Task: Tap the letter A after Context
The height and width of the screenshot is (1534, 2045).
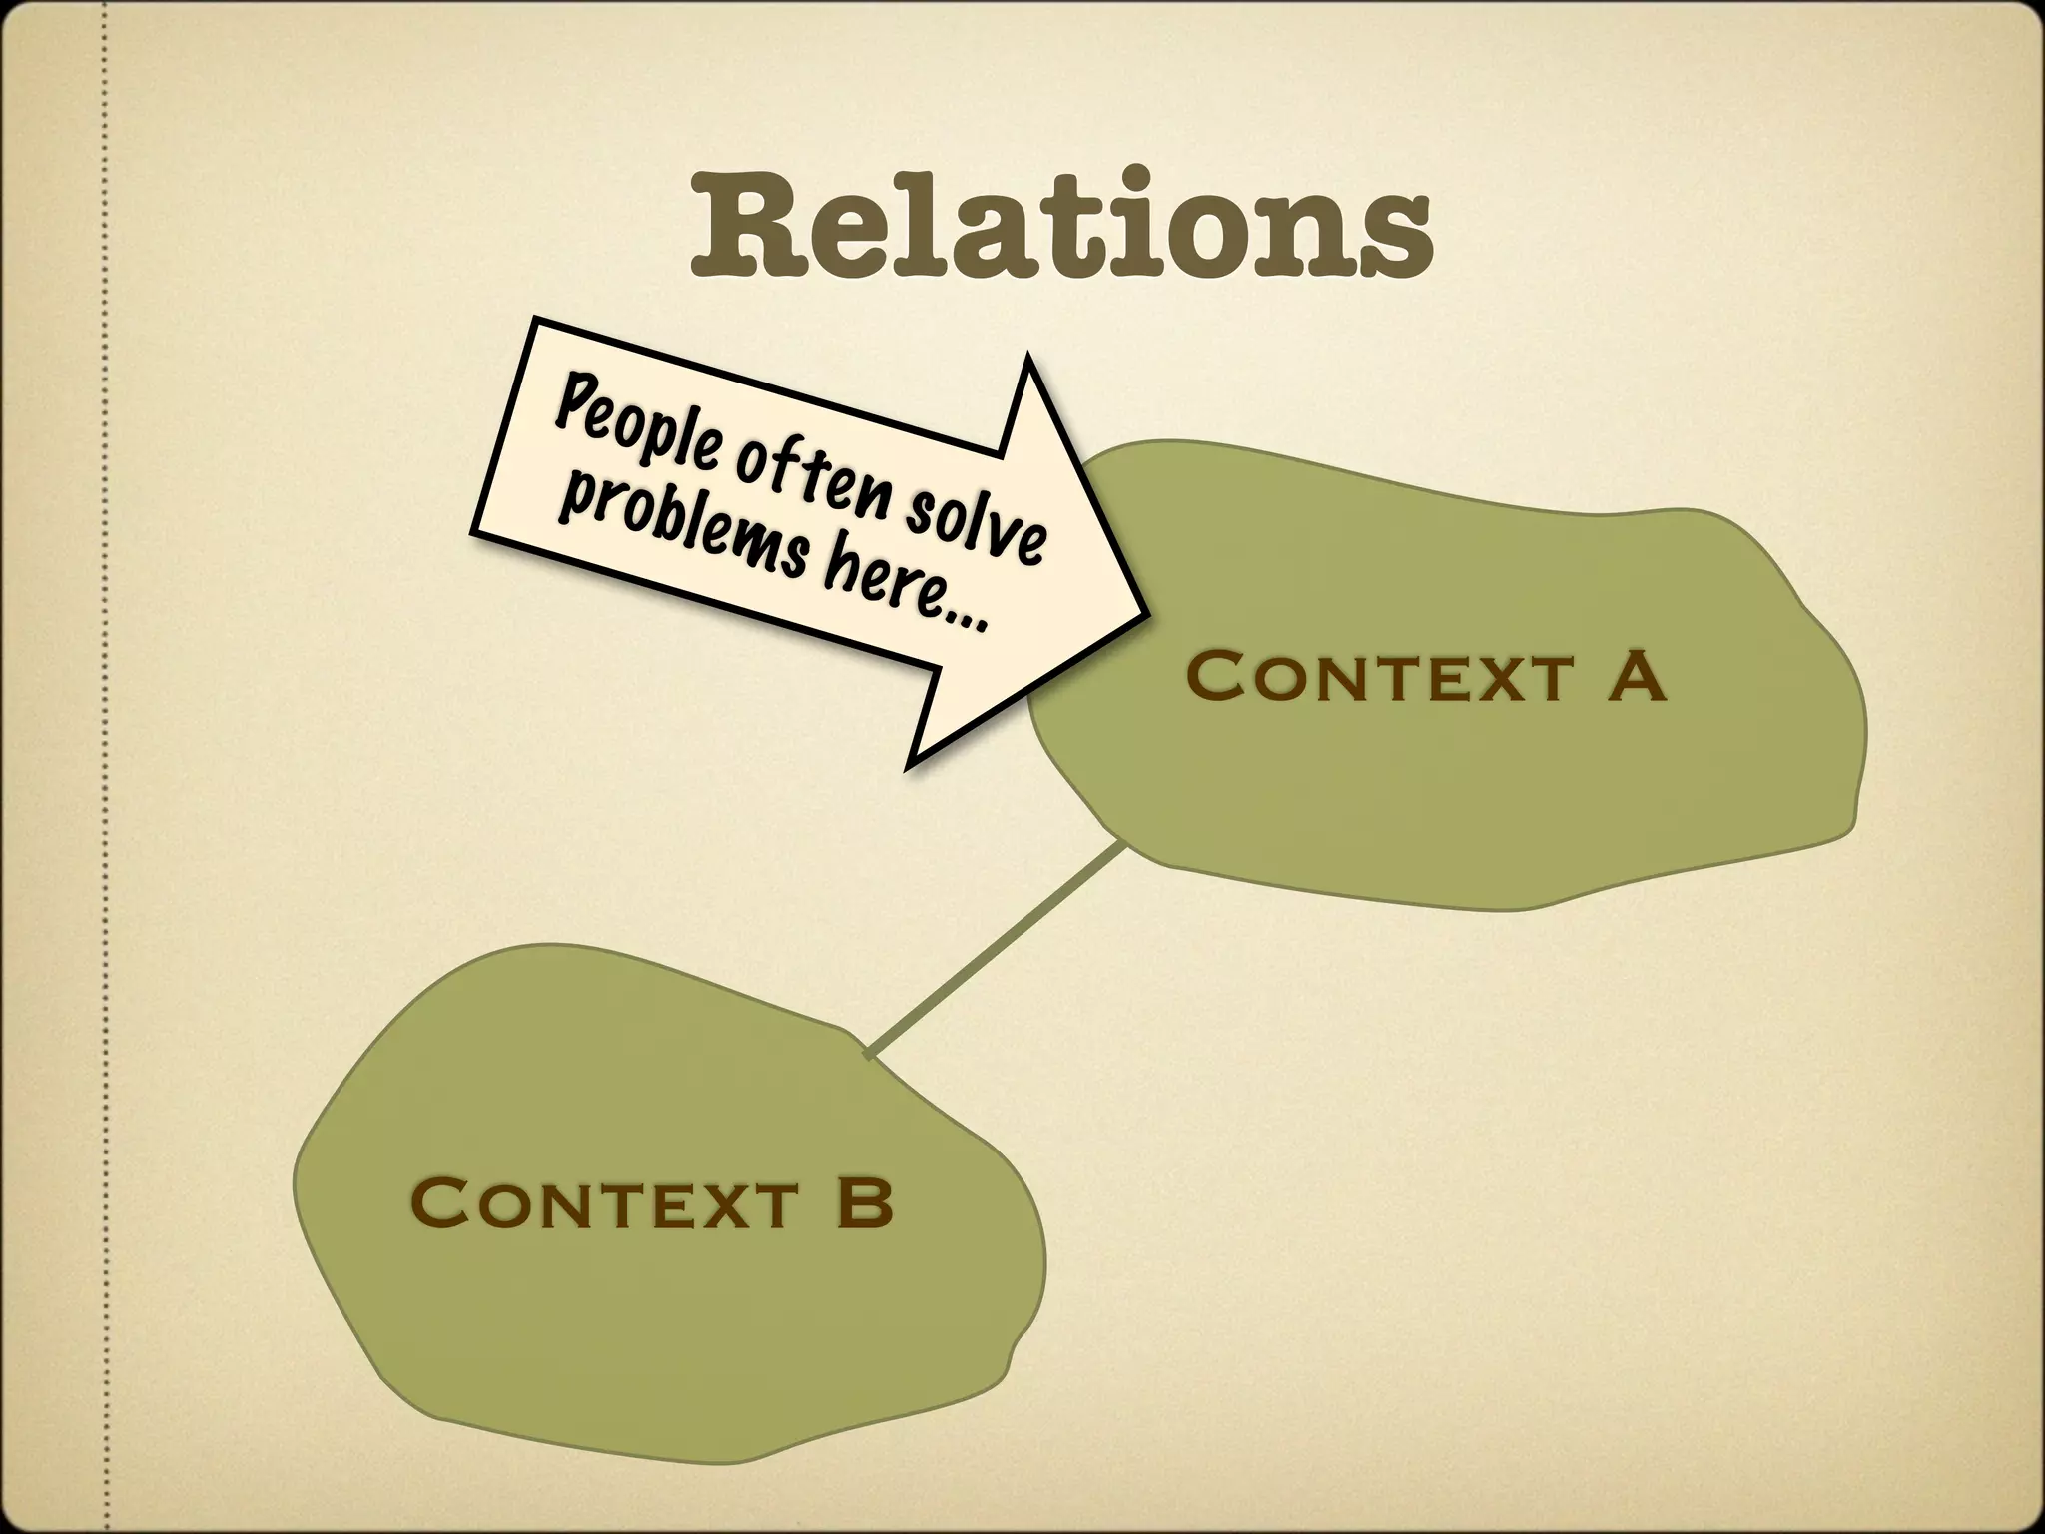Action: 1635,676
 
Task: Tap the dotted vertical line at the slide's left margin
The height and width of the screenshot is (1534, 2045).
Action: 103,767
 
